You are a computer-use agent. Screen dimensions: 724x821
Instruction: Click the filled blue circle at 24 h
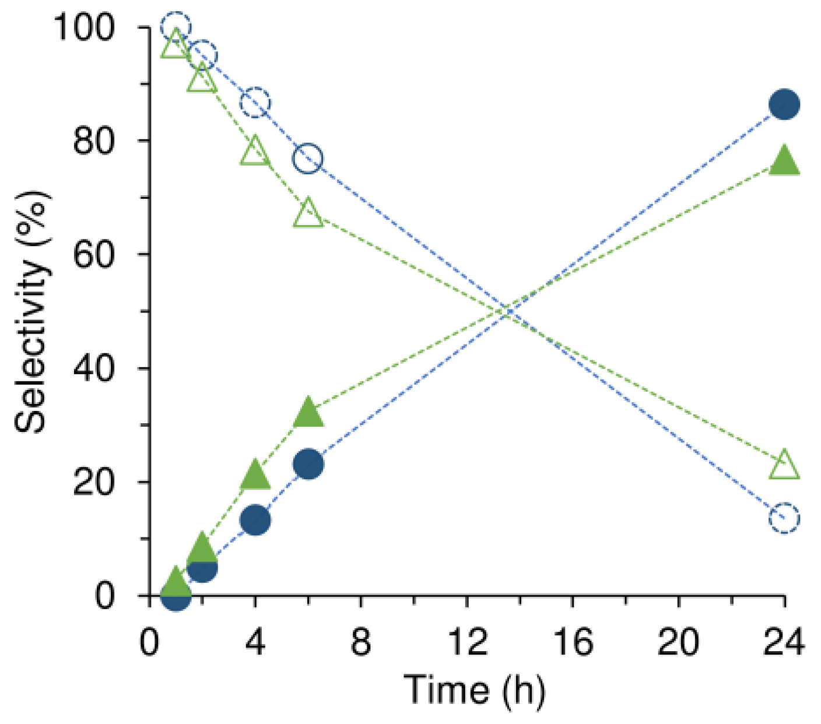click(784, 105)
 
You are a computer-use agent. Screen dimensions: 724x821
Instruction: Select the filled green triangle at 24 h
click(784, 160)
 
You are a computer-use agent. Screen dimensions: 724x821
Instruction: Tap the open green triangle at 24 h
click(784, 465)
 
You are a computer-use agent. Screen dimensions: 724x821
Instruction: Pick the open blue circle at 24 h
click(784, 518)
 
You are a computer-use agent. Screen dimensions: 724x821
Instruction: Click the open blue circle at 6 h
click(308, 158)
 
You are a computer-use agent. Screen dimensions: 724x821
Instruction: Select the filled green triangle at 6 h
click(308, 413)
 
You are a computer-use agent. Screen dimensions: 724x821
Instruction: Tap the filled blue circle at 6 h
click(308, 464)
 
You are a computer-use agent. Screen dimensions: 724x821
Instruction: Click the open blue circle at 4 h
click(255, 104)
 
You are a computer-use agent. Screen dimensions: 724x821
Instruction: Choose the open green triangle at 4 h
click(255, 152)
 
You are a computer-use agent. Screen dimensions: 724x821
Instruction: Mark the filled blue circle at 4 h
click(255, 519)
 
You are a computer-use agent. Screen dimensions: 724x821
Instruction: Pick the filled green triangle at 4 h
click(255, 474)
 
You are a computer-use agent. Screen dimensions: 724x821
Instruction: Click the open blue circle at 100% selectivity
click(176, 26)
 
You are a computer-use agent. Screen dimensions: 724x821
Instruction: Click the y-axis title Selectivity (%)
click(31, 312)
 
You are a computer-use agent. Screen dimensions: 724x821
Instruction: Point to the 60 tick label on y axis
click(93, 255)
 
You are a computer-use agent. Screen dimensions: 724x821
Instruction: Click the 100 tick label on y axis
click(85, 27)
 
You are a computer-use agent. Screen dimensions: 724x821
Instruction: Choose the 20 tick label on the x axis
click(678, 642)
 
